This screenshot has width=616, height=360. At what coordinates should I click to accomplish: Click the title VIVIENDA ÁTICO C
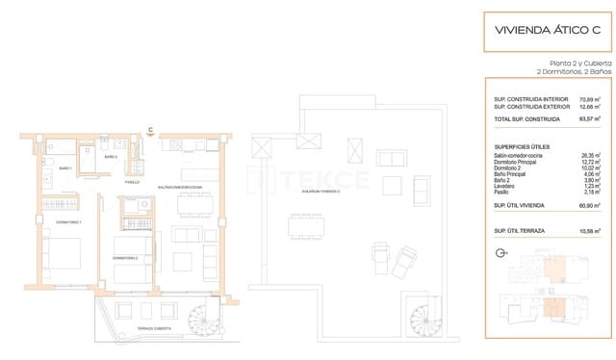point(547,30)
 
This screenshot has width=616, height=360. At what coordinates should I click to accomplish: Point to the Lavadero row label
point(507,189)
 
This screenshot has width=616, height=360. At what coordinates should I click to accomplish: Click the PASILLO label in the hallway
point(132,182)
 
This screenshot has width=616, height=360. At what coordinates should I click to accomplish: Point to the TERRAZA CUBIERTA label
point(153,328)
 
